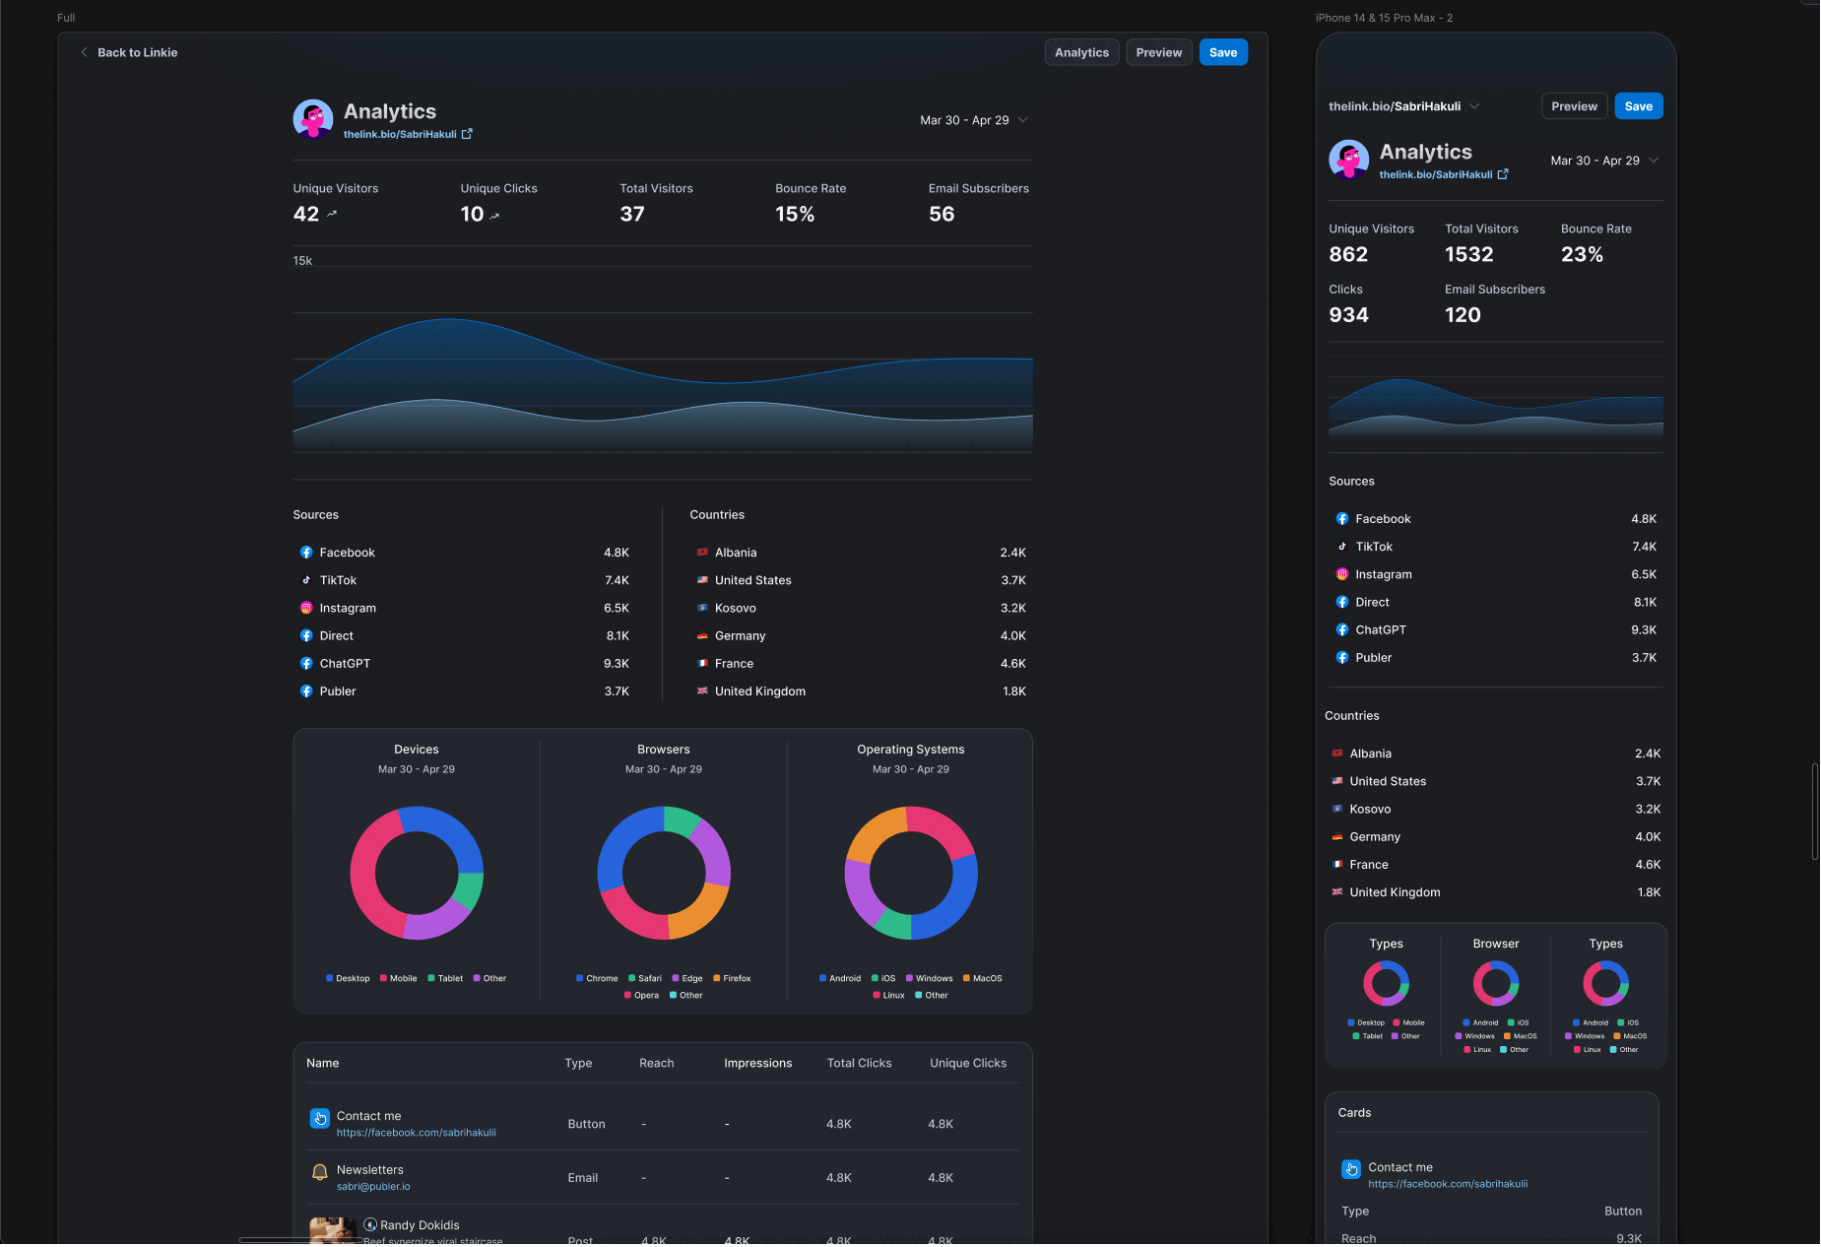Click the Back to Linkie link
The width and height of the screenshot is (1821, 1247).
coord(136,52)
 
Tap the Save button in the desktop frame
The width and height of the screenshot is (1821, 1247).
coord(1222,52)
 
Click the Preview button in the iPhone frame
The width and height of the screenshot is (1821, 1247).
coord(1573,106)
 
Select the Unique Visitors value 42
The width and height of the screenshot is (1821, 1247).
coord(306,214)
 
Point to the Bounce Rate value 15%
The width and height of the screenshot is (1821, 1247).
coord(794,214)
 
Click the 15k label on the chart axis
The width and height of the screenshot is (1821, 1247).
coord(302,261)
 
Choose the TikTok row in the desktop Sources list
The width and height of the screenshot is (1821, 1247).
coord(338,580)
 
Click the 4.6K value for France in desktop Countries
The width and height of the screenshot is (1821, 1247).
coord(1012,664)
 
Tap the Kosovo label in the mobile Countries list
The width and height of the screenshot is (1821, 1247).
coord(1370,809)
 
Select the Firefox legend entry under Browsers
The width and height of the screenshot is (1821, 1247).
coord(736,978)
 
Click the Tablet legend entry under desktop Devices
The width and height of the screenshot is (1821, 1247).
coord(449,978)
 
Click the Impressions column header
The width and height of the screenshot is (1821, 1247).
coord(757,1063)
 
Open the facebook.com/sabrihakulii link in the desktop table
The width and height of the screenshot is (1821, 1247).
coord(416,1133)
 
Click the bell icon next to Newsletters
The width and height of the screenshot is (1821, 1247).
coord(319,1172)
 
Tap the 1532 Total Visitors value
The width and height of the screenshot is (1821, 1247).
coord(1468,254)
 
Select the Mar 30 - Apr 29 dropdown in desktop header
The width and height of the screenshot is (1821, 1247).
coord(973,120)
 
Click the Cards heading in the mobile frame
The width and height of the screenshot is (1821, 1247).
coord(1354,1112)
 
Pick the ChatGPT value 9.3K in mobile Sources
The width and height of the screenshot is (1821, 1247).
coord(1643,629)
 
